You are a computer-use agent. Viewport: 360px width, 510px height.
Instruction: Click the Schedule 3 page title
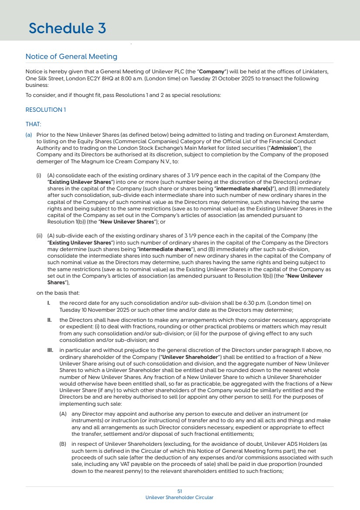(x=67, y=28)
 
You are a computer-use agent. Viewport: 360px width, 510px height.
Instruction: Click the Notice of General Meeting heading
(x=71, y=57)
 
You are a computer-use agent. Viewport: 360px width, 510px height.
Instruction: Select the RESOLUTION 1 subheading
(x=45, y=110)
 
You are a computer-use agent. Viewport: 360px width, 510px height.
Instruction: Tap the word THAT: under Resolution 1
(x=33, y=124)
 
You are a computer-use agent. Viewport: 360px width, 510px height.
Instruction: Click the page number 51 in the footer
(x=179, y=491)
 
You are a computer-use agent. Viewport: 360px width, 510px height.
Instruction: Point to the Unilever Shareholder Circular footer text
(x=179, y=497)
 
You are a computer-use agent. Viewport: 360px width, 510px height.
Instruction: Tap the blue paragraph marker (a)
(x=29, y=135)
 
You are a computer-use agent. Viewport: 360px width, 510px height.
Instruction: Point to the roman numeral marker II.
(x=49, y=320)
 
